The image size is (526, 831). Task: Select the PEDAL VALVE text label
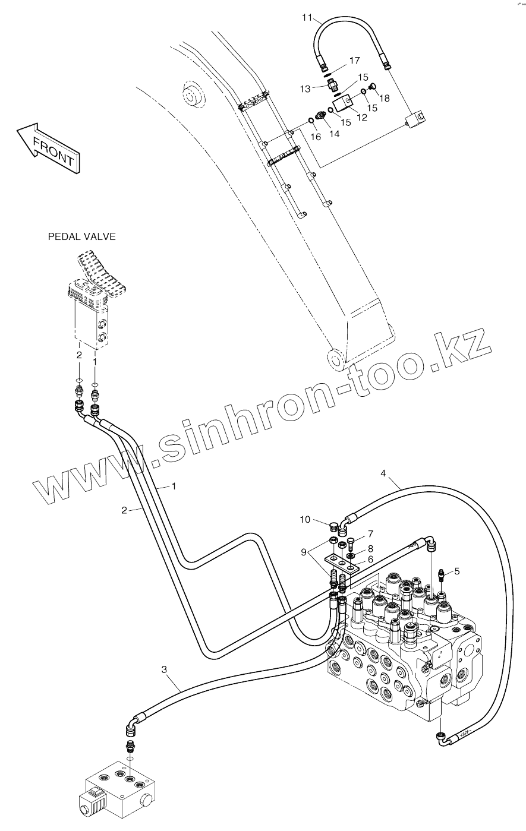point(81,237)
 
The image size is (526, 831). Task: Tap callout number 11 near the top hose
point(307,18)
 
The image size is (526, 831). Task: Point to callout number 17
point(355,61)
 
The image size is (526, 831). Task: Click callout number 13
point(305,89)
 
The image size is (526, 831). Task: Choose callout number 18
point(385,98)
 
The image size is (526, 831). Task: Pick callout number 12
point(361,118)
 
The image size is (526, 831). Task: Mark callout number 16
point(316,137)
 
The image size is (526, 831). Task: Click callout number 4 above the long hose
point(383,473)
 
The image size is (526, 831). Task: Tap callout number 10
point(305,520)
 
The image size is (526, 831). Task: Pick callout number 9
point(304,551)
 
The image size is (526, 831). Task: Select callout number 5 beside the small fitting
point(456,571)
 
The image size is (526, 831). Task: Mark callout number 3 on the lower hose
point(164,669)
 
